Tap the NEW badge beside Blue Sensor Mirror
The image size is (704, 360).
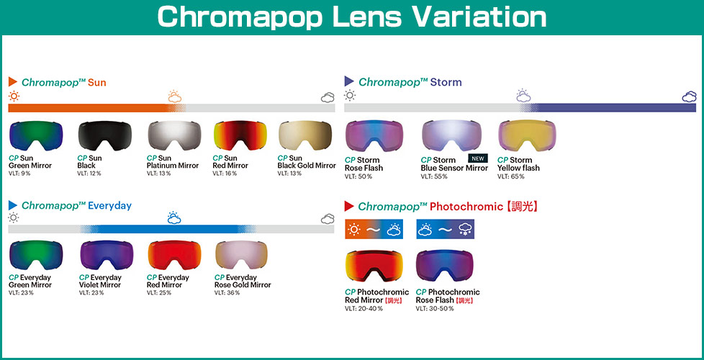pos(478,158)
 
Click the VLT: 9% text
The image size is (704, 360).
pos(19,174)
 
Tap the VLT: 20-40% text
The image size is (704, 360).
pos(364,309)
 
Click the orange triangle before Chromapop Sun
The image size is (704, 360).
pos(12,81)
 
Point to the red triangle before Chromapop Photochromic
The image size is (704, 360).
pos(349,207)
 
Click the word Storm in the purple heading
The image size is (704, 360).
pos(446,82)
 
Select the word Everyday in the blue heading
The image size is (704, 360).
pos(109,206)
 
